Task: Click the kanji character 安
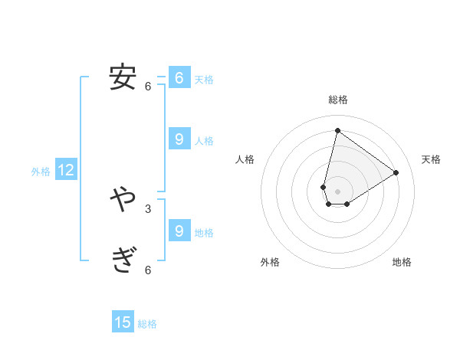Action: click(x=123, y=78)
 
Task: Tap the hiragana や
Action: click(x=123, y=201)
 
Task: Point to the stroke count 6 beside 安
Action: click(x=148, y=87)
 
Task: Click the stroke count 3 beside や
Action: click(x=148, y=208)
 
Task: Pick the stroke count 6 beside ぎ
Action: click(x=148, y=270)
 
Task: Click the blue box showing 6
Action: click(x=179, y=78)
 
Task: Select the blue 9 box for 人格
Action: click(x=179, y=139)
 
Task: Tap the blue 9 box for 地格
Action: click(x=179, y=231)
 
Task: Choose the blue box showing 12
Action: click(x=66, y=171)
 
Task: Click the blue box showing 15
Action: click(x=123, y=322)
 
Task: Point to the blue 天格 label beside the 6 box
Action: click(x=204, y=80)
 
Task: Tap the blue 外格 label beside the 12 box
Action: click(x=41, y=172)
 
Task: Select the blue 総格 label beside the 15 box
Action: click(x=147, y=324)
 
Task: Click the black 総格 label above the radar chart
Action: click(x=338, y=100)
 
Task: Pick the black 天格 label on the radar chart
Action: click(x=431, y=159)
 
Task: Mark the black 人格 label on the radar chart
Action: click(x=245, y=159)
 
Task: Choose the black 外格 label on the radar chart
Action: click(x=270, y=263)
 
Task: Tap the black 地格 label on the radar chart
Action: click(x=402, y=263)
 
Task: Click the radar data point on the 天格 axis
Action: click(x=396, y=172)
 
